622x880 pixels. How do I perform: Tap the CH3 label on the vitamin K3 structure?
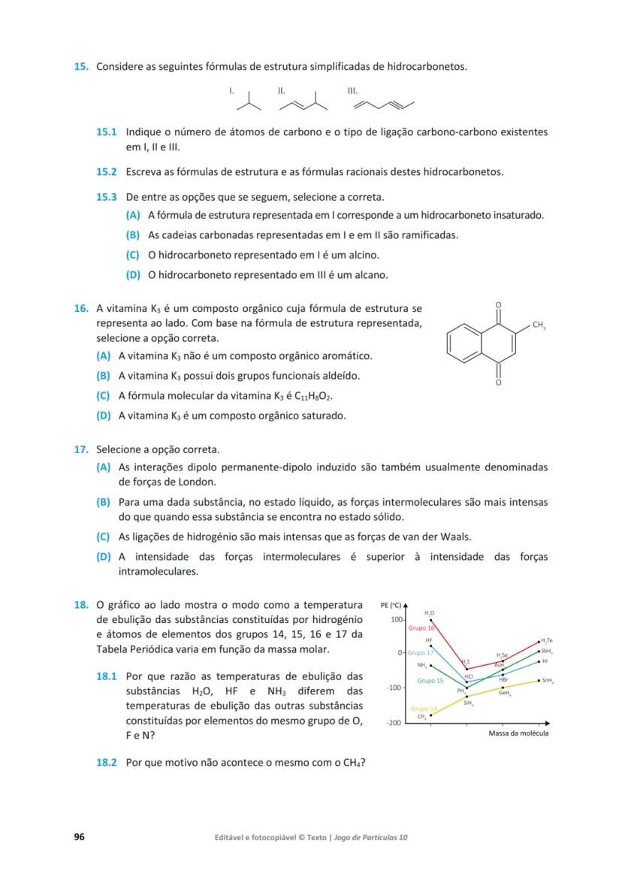pos(539,325)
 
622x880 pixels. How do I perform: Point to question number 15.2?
pos(106,171)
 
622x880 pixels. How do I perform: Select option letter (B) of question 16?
pos(104,376)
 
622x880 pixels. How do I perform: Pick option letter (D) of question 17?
pos(104,557)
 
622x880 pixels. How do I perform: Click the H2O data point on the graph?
pos(430,621)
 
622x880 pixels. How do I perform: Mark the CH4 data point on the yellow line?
pos(430,715)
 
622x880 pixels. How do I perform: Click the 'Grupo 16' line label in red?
pos(421,627)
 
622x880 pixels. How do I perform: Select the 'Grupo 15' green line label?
pos(430,680)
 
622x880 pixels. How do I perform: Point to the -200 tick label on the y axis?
pos(392,722)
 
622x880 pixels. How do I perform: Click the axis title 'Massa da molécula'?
pos(518,733)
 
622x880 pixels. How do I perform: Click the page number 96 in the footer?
pos(79,836)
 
